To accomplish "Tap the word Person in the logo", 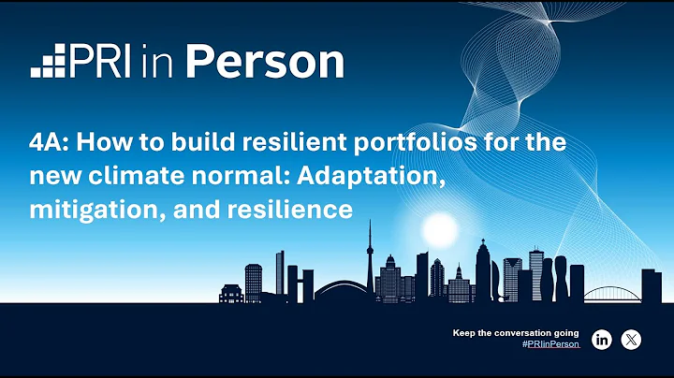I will pyautogui.click(x=265, y=62).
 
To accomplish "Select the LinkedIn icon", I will pyautogui.click(x=602, y=340).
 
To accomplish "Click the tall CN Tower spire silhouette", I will pyautogui.click(x=371, y=253).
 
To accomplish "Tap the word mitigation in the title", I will pyautogui.click(x=91, y=211).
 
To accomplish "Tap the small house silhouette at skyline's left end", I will pyautogui.click(x=230, y=293).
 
